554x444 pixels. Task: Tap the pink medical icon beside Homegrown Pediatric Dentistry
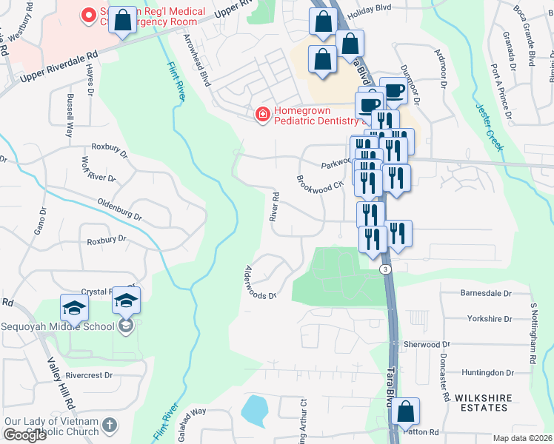click(x=261, y=114)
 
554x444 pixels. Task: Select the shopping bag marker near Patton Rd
click(x=405, y=411)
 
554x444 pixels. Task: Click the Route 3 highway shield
click(x=385, y=269)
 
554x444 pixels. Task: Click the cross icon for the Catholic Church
click(x=110, y=425)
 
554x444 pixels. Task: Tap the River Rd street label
click(x=274, y=207)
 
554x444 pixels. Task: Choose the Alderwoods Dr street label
click(x=260, y=282)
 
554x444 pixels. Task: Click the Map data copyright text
click(x=523, y=438)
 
